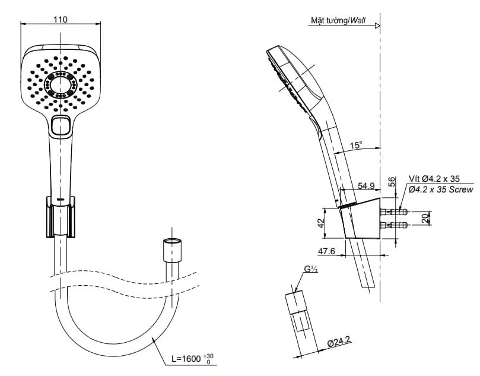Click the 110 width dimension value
(61, 20)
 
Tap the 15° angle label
(356, 145)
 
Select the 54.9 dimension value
(366, 186)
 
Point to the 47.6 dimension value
(327, 251)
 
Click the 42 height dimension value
(320, 223)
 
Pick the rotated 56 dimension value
(392, 182)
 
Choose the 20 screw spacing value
(425, 218)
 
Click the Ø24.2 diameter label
(339, 341)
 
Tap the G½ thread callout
(311, 269)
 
